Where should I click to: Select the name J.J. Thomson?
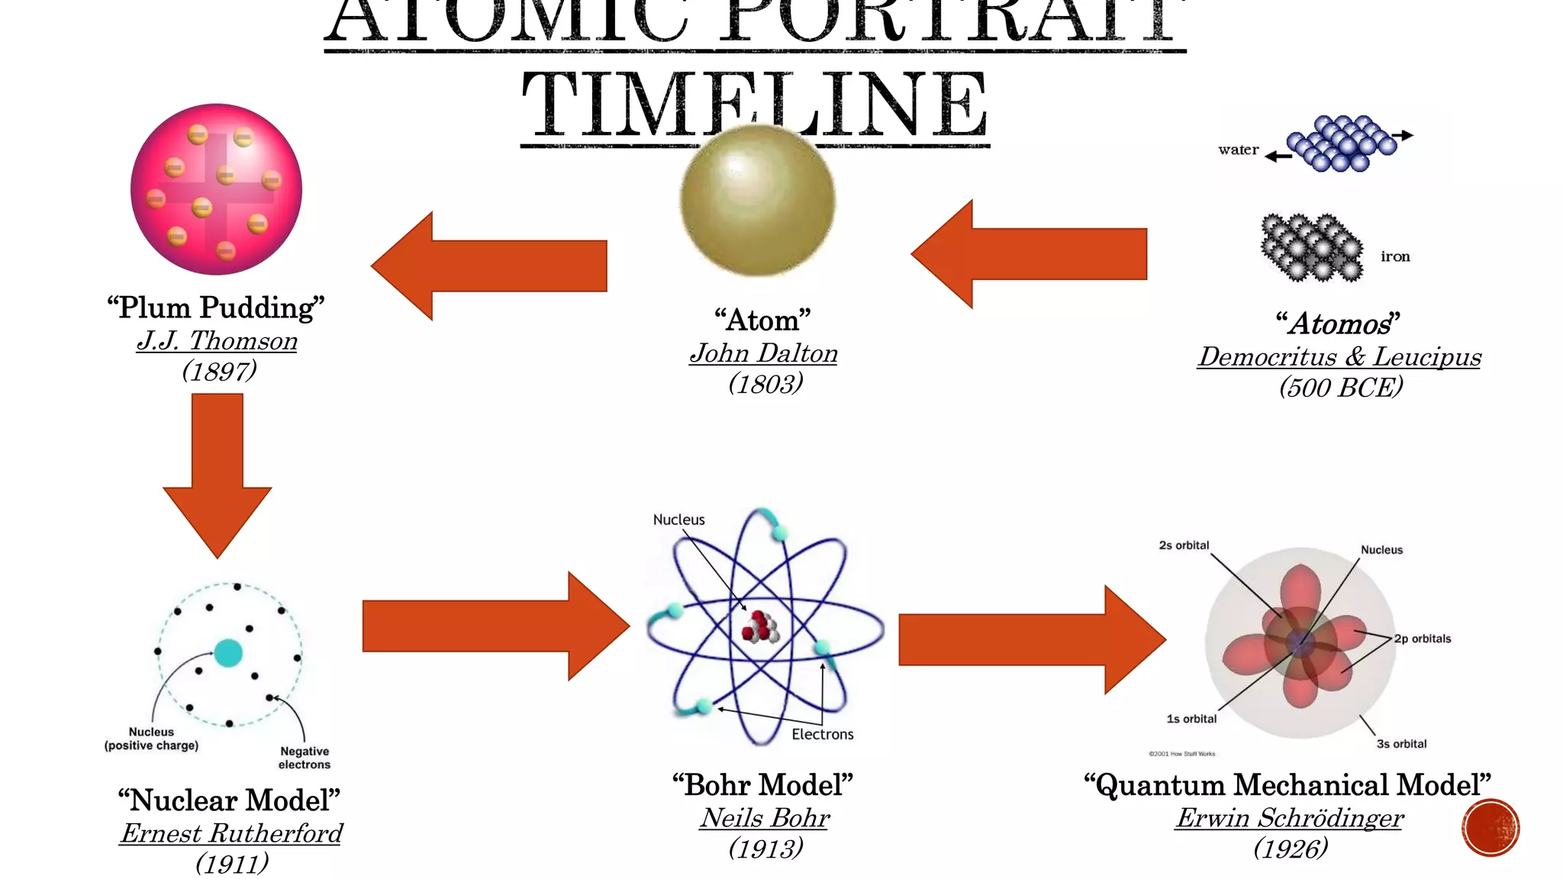pyautogui.click(x=218, y=340)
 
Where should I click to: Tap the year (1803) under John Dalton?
pyautogui.click(x=765, y=383)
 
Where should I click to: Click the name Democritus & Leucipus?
pyautogui.click(x=1339, y=356)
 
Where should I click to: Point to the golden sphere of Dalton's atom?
pyautogui.click(x=757, y=200)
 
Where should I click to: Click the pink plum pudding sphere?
pyautogui.click(x=216, y=189)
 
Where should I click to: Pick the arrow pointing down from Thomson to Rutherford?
pyautogui.click(x=218, y=473)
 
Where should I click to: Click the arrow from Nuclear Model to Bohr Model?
pyautogui.click(x=496, y=626)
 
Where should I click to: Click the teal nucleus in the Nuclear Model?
pyautogui.click(x=228, y=653)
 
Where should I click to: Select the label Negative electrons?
pyautogui.click(x=305, y=758)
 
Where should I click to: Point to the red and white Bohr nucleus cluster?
pyautogui.click(x=760, y=626)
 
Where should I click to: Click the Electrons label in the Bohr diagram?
pyautogui.click(x=822, y=734)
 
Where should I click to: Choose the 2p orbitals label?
pyautogui.click(x=1423, y=639)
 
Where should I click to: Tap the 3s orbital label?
pyautogui.click(x=1401, y=744)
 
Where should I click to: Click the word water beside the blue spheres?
pyautogui.click(x=1238, y=150)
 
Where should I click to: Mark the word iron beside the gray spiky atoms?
pyautogui.click(x=1395, y=256)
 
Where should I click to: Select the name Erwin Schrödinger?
pyautogui.click(x=1289, y=818)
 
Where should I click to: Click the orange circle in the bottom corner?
pyautogui.click(x=1490, y=828)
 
